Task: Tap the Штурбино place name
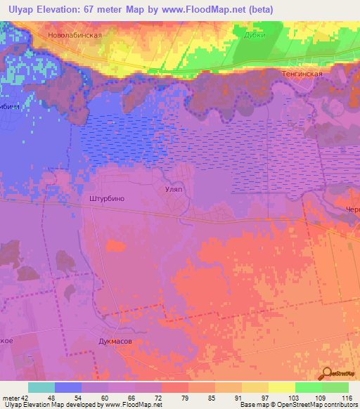click(108, 199)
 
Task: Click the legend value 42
click(25, 398)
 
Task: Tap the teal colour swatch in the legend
click(41, 387)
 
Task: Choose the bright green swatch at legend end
click(335, 387)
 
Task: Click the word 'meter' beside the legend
click(10, 398)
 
